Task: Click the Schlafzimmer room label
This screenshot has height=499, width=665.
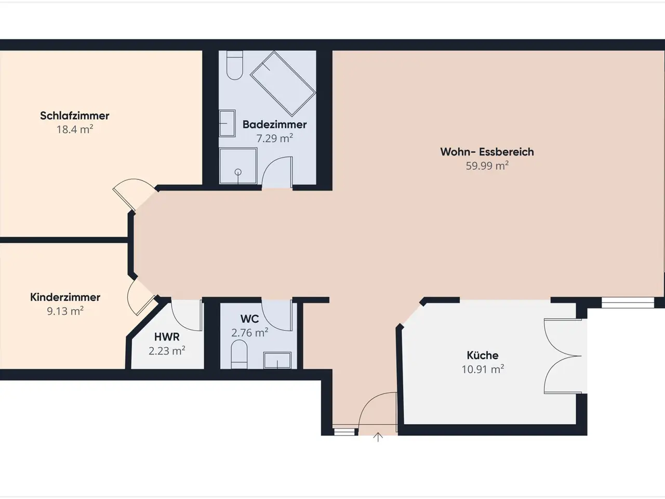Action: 74,116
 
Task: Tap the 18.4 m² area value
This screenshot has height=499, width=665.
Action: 74,129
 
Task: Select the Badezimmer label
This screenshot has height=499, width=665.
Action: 274,125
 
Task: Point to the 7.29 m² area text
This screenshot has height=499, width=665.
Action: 274,138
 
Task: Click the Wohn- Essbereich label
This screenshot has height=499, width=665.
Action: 487,152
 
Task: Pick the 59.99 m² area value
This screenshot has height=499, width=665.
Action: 487,166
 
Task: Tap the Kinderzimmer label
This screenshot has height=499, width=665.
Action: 65,297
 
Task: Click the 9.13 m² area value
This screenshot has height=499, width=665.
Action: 65,311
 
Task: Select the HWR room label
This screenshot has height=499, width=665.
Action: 167,337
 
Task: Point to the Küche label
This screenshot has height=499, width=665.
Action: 482,355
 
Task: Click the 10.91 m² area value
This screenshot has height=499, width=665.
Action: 483,370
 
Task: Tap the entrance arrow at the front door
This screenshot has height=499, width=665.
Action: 378,438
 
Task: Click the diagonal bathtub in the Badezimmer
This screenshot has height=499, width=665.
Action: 283,84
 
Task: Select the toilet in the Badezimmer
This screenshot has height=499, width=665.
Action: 234,65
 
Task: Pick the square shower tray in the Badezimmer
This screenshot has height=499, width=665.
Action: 238,166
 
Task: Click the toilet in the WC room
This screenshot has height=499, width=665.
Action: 239,354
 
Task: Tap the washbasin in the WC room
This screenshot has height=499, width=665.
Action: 277,360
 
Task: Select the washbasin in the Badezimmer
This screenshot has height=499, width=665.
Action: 227,123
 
